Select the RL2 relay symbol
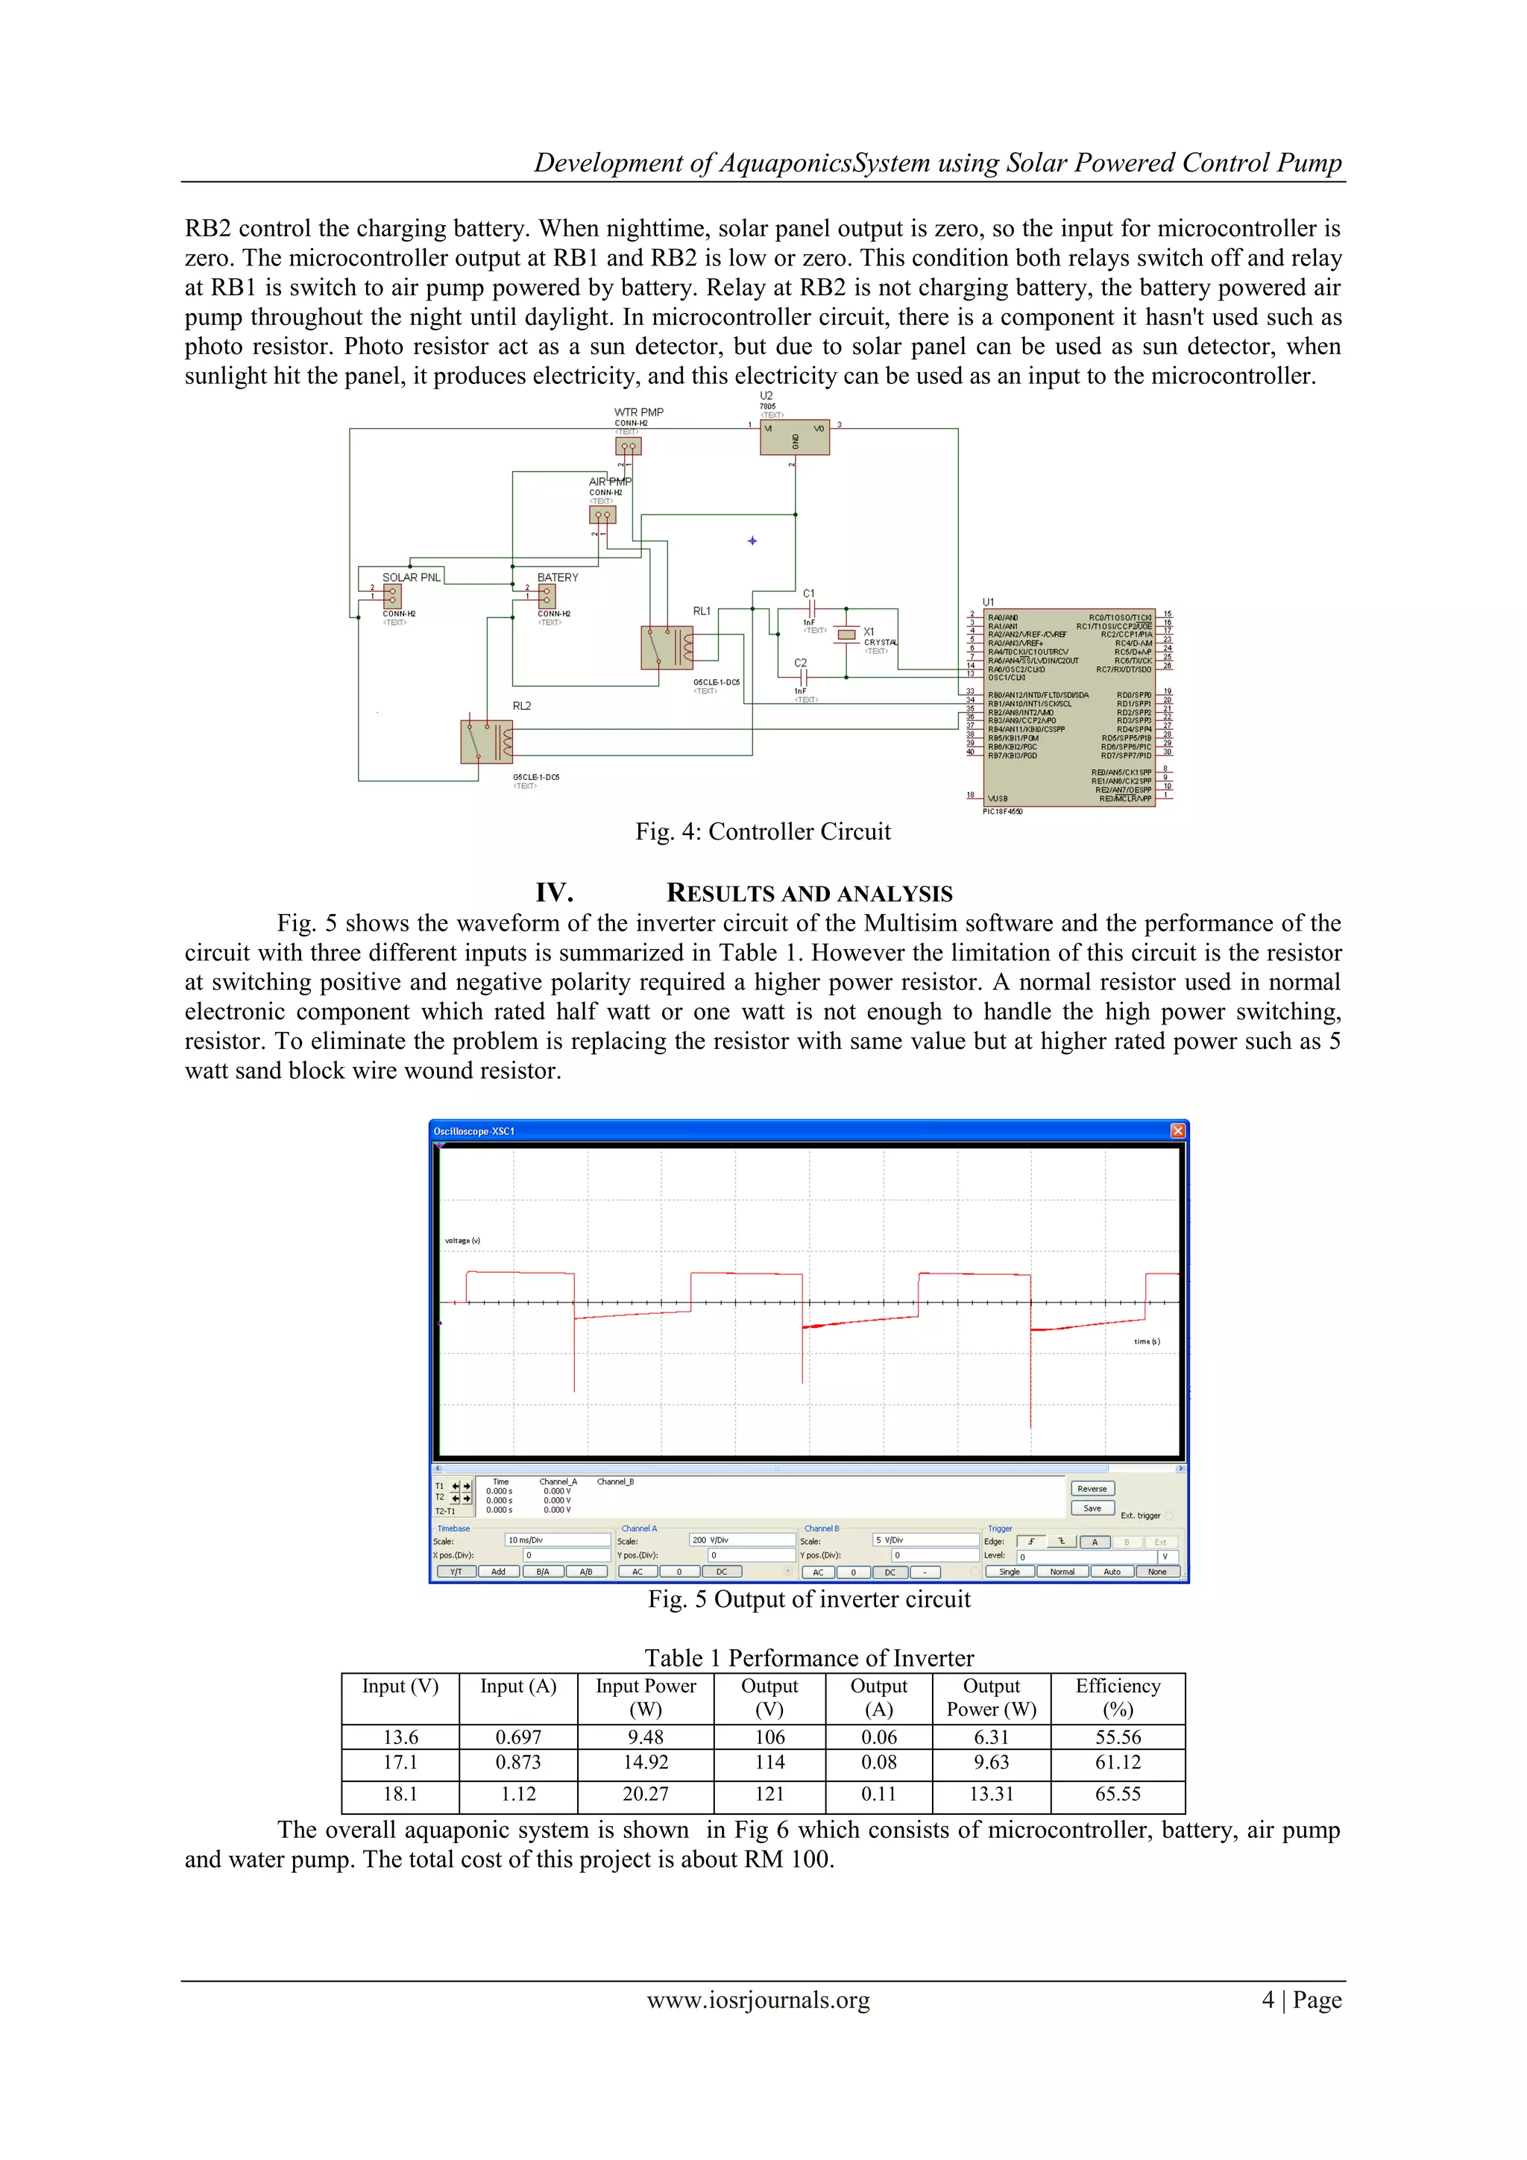coord(486,741)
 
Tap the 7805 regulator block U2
coord(794,438)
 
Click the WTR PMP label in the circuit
coord(638,412)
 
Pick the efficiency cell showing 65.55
coord(1117,1793)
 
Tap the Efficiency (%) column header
coord(1117,1697)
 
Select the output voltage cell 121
coord(769,1793)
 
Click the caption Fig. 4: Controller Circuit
coord(762,831)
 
